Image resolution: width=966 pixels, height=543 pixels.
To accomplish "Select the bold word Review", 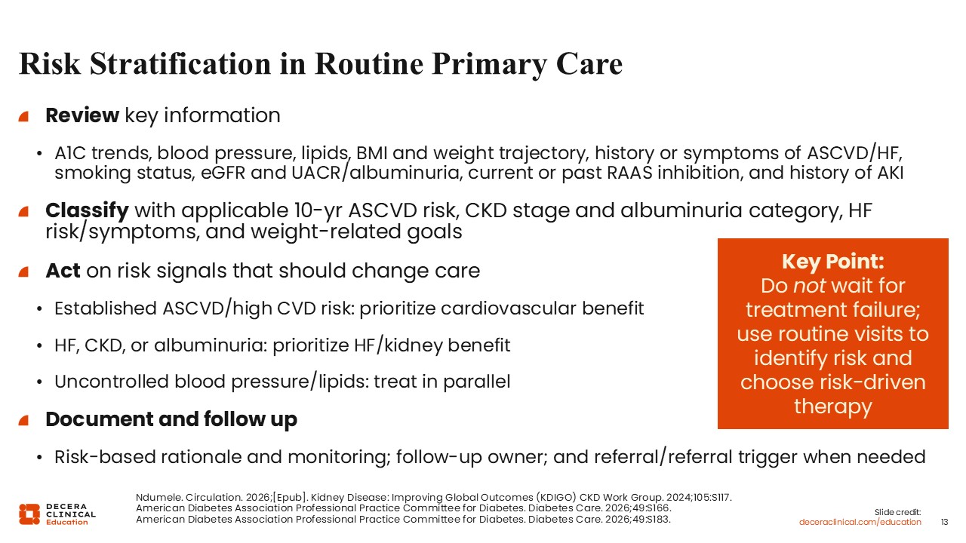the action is [82, 115].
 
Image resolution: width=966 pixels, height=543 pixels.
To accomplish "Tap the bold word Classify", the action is [87, 211].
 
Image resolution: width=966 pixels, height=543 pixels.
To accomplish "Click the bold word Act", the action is [63, 271].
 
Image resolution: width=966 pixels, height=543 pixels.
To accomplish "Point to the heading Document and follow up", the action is [171, 419].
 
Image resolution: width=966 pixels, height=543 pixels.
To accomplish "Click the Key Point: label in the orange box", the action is [832, 262].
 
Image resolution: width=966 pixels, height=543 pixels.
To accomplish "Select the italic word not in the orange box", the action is [810, 286].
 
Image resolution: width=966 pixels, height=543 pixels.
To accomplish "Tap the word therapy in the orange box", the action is [832, 406].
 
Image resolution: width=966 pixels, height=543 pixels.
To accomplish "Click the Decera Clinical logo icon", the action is [29, 514].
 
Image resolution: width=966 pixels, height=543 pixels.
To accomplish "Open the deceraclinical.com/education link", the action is [860, 523].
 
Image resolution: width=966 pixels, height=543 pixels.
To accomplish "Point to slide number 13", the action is [944, 523].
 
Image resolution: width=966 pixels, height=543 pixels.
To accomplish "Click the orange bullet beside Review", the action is [23, 116].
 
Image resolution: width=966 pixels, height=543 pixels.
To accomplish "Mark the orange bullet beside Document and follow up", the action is [23, 420].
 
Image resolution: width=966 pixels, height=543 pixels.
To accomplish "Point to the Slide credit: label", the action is [897, 512].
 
